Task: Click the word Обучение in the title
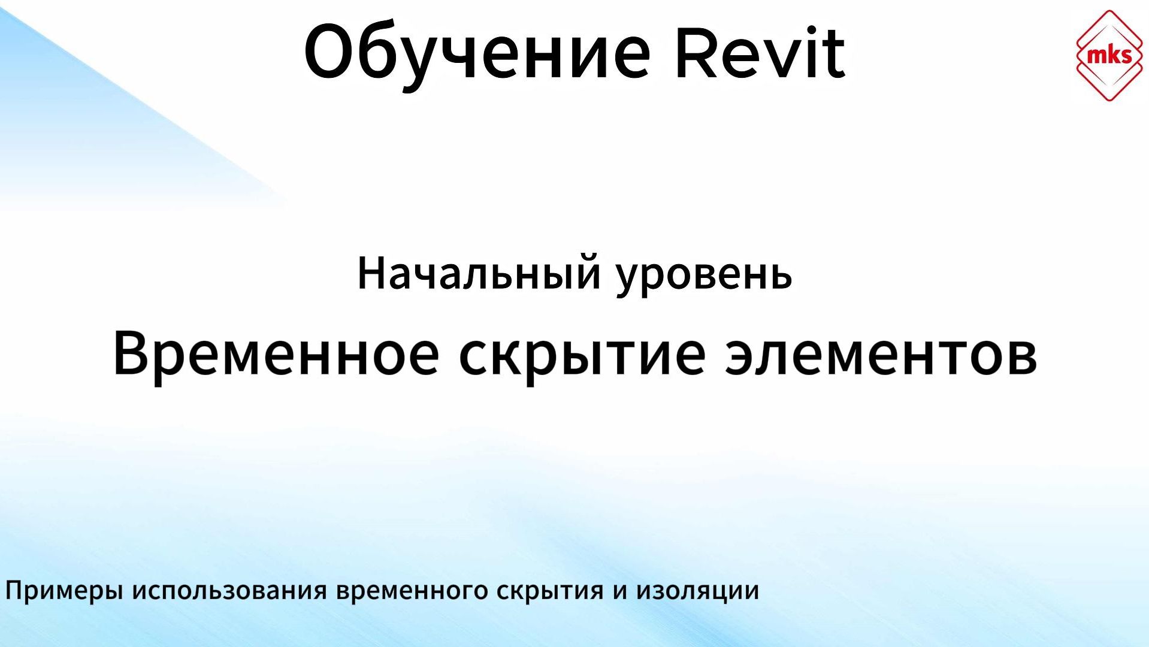click(477, 53)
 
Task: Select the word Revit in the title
click(760, 53)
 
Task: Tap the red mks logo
click(1109, 55)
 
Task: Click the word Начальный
click(478, 273)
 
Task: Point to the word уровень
click(704, 276)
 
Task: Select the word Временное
click(276, 355)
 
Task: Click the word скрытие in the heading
click(582, 357)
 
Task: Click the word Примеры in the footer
click(64, 591)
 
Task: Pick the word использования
click(229, 591)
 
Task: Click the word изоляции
click(697, 591)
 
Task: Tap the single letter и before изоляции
click(619, 592)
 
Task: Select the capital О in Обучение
click(330, 52)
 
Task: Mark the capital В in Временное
click(131, 353)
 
